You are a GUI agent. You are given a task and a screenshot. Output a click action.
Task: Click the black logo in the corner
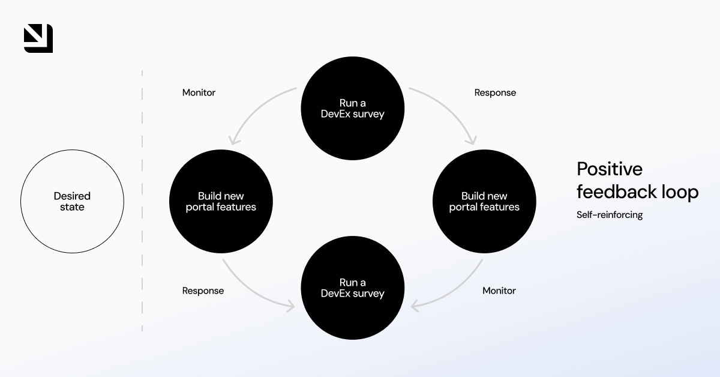pyautogui.click(x=38, y=38)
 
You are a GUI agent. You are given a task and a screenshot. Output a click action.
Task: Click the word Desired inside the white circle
pyautogui.click(x=72, y=196)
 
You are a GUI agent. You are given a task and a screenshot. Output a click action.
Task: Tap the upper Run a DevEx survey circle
pyautogui.click(x=353, y=108)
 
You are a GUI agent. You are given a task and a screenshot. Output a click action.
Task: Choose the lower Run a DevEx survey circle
pyautogui.click(x=353, y=288)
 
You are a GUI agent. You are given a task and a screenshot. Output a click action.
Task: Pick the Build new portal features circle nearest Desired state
pyautogui.click(x=221, y=201)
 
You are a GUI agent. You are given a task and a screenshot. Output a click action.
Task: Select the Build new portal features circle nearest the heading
pyautogui.click(x=484, y=201)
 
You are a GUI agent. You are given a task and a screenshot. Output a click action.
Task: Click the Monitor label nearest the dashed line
pyautogui.click(x=199, y=92)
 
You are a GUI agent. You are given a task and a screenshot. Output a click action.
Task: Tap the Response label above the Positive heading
pyautogui.click(x=495, y=92)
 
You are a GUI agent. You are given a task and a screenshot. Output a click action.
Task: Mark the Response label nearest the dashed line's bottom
pyautogui.click(x=203, y=291)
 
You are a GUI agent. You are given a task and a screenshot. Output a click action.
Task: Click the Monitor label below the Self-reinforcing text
pyautogui.click(x=499, y=291)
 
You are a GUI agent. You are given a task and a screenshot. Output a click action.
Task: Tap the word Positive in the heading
pyautogui.click(x=609, y=169)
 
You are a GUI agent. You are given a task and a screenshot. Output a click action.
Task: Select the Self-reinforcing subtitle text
pyautogui.click(x=609, y=215)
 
